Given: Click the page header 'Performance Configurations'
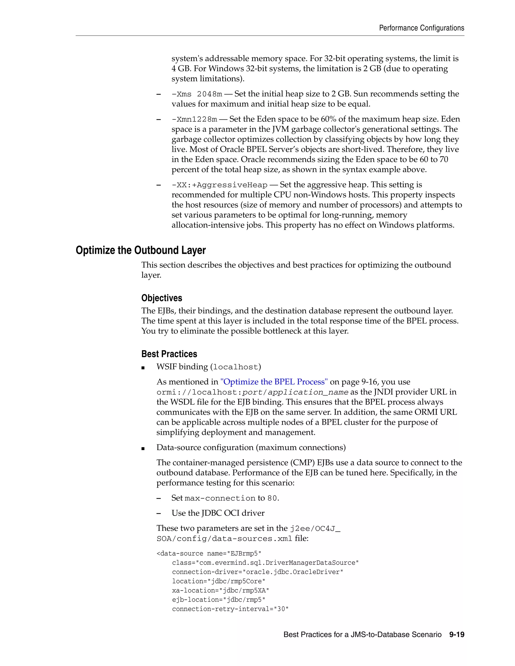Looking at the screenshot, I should [421, 28].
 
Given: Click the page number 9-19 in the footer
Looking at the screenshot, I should [456, 635].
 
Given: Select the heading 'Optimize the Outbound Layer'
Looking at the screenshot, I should [141, 250].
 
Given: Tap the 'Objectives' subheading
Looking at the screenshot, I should [162, 298].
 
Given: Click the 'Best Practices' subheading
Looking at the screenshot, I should [169, 354].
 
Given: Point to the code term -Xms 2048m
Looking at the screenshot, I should [197, 94].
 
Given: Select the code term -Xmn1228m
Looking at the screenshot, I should [194, 119].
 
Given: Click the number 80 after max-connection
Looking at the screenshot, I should [272, 498].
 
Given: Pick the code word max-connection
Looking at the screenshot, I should [220, 498].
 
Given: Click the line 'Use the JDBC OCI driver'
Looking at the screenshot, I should [218, 513].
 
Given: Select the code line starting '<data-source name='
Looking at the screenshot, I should [209, 553].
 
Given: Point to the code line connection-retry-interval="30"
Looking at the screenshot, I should [230, 609].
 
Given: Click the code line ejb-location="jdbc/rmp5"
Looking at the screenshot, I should [219, 599].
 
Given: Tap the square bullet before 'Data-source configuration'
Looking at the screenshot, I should [143, 448].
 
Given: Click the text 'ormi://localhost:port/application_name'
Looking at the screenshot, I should [252, 392].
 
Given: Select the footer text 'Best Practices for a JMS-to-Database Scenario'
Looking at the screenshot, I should [362, 635].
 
